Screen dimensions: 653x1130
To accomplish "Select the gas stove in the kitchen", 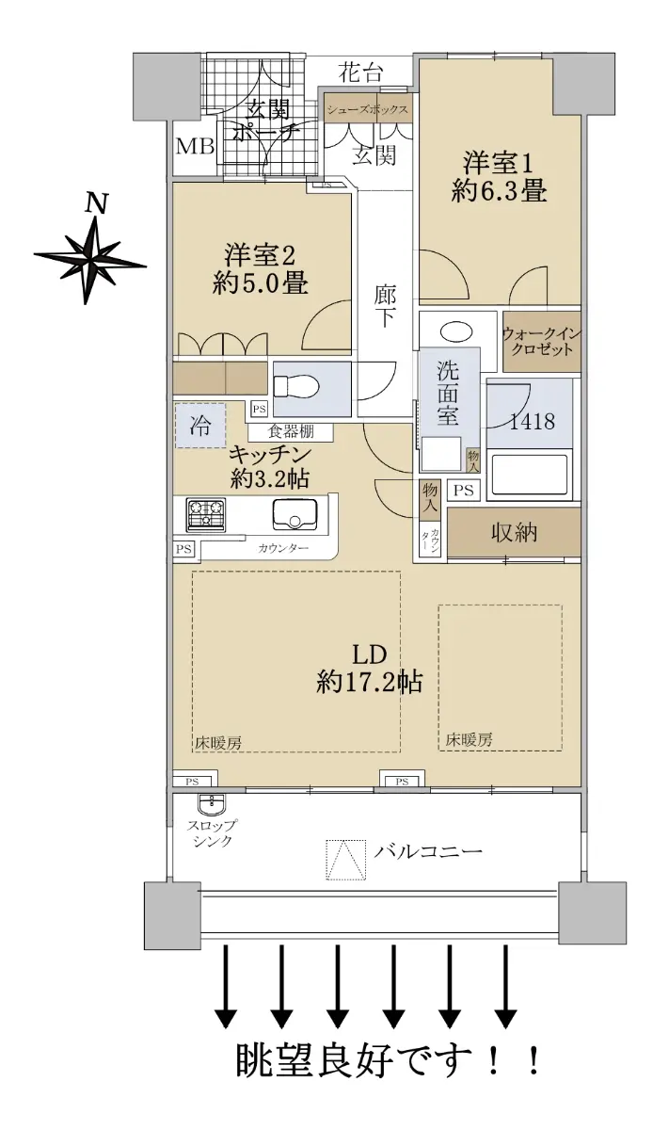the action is (x=206, y=514).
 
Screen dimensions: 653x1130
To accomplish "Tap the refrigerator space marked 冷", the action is (x=200, y=426).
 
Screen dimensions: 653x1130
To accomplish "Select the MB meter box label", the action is (x=195, y=147).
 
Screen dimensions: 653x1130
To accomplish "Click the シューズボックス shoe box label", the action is (x=368, y=109).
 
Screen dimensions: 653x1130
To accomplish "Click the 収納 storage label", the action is (x=514, y=532).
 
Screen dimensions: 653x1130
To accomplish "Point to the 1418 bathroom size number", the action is (x=532, y=421).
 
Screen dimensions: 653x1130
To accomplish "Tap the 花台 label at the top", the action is (x=359, y=73).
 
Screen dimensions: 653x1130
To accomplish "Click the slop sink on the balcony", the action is (x=212, y=802).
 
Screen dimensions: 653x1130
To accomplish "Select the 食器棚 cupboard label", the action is (x=291, y=431).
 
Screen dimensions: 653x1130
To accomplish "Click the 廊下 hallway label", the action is (x=385, y=306).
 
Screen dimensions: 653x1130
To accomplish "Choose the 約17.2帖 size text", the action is (x=370, y=683).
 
